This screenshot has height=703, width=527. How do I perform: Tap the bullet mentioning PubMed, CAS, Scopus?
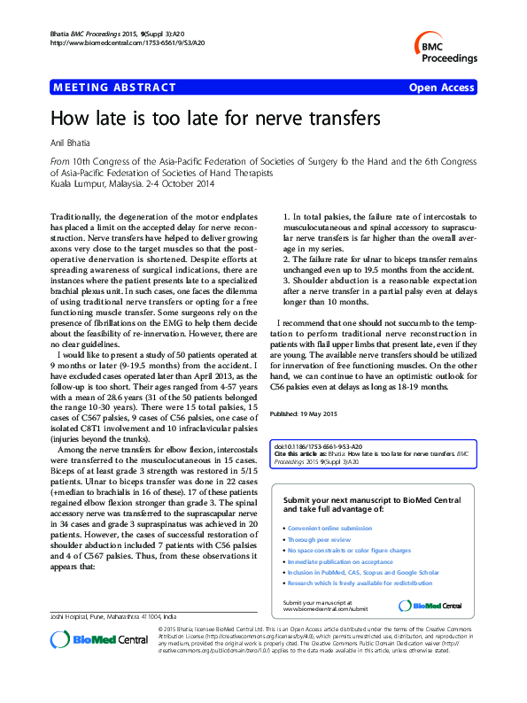pos(363,573)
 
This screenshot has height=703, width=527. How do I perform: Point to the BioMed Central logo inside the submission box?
pos(430,606)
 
